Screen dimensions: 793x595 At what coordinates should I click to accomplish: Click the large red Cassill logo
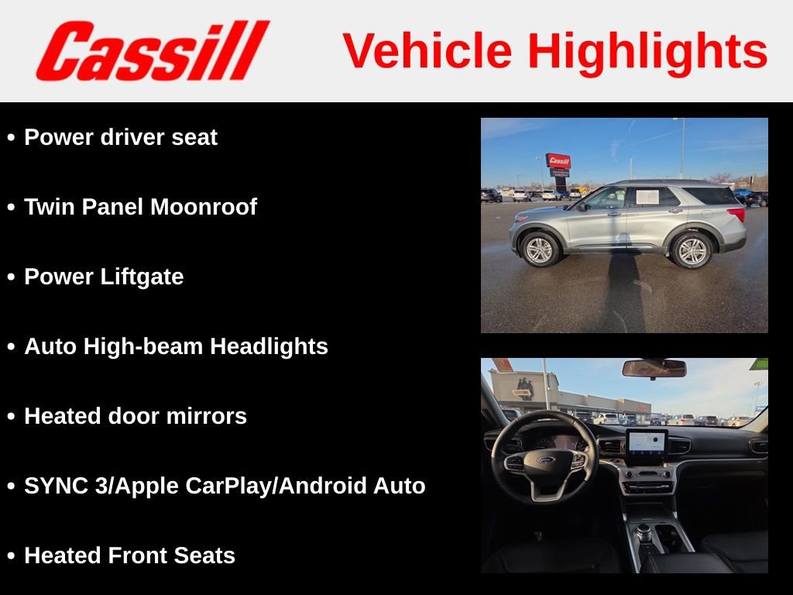point(153,50)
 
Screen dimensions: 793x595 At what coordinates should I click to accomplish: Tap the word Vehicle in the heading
point(427,50)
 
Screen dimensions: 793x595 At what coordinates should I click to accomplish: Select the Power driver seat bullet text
point(121,137)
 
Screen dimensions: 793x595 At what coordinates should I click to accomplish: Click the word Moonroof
point(204,206)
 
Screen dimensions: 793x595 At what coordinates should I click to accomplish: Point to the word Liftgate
point(142,277)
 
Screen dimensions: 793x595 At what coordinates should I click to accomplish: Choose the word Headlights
point(269,346)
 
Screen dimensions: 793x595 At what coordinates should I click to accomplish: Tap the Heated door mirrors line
point(136,416)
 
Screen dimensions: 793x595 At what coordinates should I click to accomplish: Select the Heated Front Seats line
point(130,555)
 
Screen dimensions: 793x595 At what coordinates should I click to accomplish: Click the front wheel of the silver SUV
point(540,249)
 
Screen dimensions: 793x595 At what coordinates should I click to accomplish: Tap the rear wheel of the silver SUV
point(691,250)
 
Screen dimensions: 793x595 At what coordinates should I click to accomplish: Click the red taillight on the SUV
point(736,214)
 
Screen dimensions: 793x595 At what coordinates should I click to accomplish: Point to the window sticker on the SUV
point(647,197)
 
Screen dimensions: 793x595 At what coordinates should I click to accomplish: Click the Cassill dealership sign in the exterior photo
point(558,161)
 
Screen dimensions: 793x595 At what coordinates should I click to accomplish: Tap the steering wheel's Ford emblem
point(546,460)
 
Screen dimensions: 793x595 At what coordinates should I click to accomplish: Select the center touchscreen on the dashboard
point(647,444)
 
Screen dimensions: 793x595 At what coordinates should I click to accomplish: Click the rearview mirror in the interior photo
point(654,368)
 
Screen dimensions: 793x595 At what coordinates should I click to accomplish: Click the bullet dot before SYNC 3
point(11,487)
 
